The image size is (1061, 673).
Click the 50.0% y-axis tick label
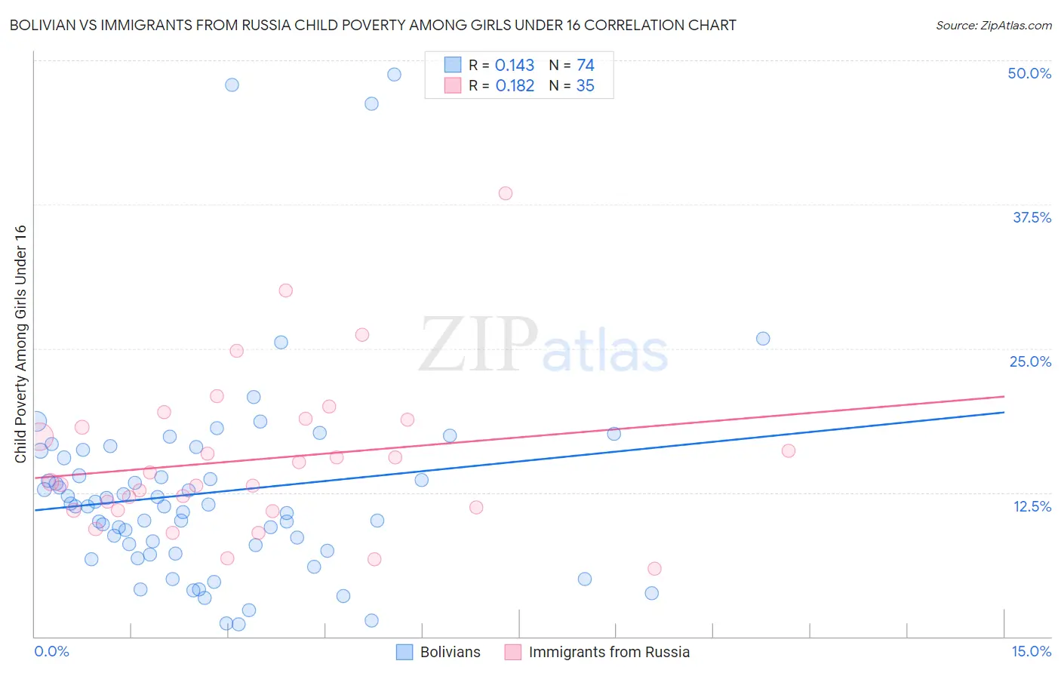pyautogui.click(x=1029, y=73)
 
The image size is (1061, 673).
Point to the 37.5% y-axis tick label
pyautogui.click(x=1032, y=217)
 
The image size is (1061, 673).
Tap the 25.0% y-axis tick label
pyautogui.click(x=1030, y=361)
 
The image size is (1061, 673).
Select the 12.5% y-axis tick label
pyautogui.click(x=1032, y=506)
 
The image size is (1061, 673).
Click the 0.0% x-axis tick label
pyautogui.click(x=51, y=651)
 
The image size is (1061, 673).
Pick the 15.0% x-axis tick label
pyautogui.click(x=1031, y=651)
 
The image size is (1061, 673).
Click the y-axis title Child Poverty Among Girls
pyautogui.click(x=20, y=344)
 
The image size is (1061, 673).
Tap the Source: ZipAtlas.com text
pyautogui.click(x=993, y=25)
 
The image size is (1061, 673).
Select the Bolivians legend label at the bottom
pyautogui.click(x=450, y=652)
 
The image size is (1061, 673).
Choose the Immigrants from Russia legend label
pyautogui.click(x=609, y=652)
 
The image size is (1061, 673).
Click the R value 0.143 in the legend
pyautogui.click(x=515, y=66)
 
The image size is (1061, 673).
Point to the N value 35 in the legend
pyautogui.click(x=586, y=86)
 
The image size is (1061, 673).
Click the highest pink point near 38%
pyautogui.click(x=506, y=193)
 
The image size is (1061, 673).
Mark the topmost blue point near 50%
pyautogui.click(x=394, y=75)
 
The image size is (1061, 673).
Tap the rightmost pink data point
pyautogui.click(x=789, y=451)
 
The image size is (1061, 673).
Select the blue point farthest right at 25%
pyautogui.click(x=763, y=339)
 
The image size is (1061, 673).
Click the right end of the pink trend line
pyautogui.click(x=1004, y=396)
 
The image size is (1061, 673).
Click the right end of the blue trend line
pyautogui.click(x=1004, y=412)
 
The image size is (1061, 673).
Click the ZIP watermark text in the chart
pyautogui.click(x=478, y=346)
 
